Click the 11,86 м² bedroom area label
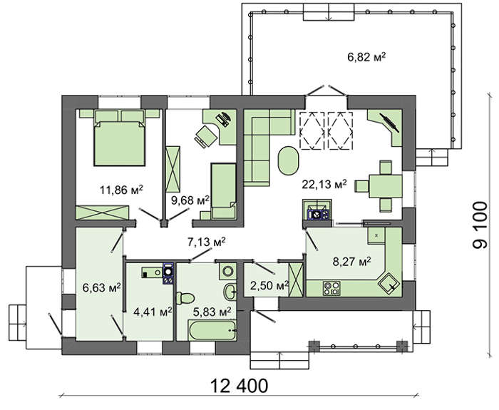click(121, 190)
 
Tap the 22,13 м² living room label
click(324, 184)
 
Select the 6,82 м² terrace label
click(366, 57)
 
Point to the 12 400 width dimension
click(239, 386)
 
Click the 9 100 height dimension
click(480, 225)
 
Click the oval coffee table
click(289, 160)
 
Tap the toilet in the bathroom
click(185, 298)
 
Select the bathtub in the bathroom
click(212, 330)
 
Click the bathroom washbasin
click(230, 291)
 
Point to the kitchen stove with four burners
click(331, 288)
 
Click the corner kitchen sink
click(389, 282)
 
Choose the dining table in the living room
click(385, 186)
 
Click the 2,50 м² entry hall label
click(270, 285)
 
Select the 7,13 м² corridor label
click(207, 242)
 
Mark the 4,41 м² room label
click(153, 312)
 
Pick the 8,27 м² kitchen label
click(351, 262)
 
